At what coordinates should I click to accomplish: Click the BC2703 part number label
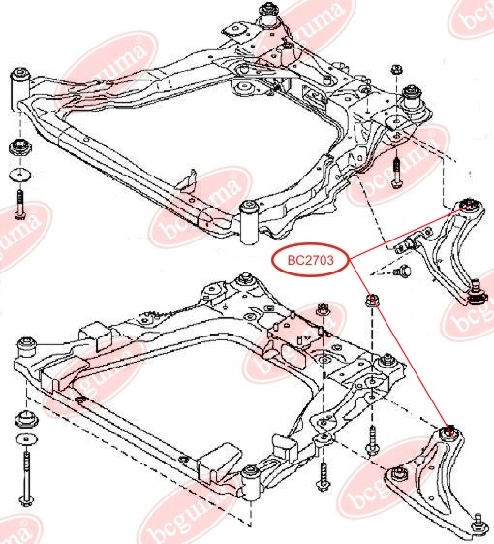[310, 260]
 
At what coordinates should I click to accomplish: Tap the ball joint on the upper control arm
[476, 294]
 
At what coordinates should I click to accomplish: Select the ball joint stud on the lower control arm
[479, 522]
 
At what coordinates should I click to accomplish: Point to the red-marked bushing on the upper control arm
[467, 206]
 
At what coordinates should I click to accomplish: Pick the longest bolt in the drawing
[27, 480]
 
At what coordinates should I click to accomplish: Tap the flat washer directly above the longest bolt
[26, 439]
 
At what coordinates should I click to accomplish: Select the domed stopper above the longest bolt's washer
[26, 419]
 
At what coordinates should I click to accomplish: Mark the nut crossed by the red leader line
[372, 300]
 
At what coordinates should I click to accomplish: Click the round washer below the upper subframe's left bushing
[19, 175]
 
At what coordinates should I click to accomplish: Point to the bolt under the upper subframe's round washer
[20, 205]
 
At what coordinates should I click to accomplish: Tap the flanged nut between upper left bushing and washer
[20, 148]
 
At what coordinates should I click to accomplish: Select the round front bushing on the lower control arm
[399, 475]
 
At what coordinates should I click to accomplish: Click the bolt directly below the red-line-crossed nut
[372, 441]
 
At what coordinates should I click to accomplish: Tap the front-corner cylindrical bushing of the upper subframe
[250, 222]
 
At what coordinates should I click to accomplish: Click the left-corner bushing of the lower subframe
[26, 349]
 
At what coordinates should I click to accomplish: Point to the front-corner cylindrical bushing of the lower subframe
[251, 484]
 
